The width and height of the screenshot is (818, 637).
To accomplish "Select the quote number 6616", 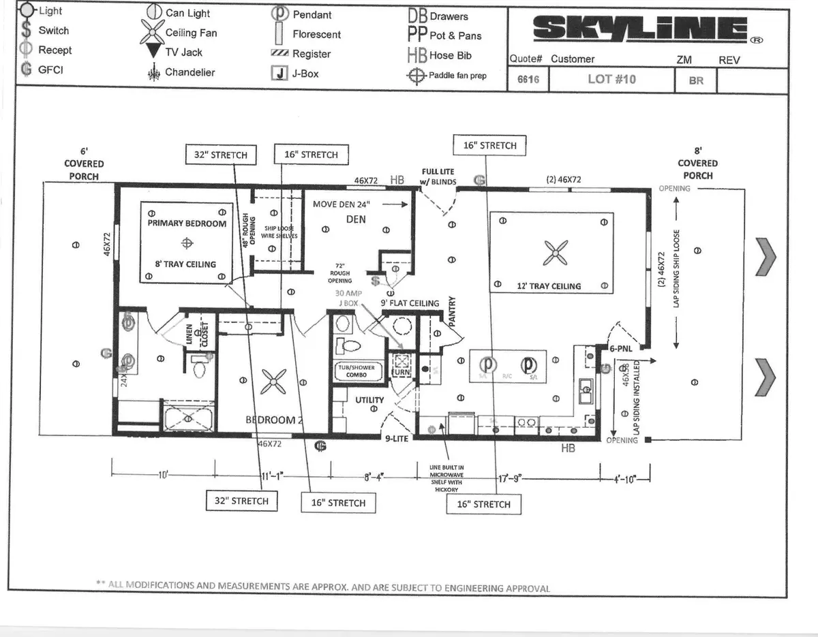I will pyautogui.click(x=528, y=79).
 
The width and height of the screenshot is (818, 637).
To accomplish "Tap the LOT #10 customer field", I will pyautogui.click(x=611, y=79).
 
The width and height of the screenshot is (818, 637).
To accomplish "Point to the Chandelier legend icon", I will pyautogui.click(x=153, y=72).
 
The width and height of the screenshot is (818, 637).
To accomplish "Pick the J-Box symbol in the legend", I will pyautogui.click(x=279, y=74).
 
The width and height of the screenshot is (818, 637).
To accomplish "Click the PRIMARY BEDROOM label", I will pyautogui.click(x=187, y=223).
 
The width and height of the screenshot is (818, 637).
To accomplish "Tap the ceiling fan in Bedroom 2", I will pyautogui.click(x=275, y=383).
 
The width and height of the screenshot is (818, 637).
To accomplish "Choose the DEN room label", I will pyautogui.click(x=356, y=219).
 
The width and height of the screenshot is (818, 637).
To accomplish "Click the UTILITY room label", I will pyautogui.click(x=369, y=400).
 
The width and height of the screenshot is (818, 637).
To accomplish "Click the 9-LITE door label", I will pyautogui.click(x=395, y=439).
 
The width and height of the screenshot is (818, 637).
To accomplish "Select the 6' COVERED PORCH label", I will pyautogui.click(x=84, y=164).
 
